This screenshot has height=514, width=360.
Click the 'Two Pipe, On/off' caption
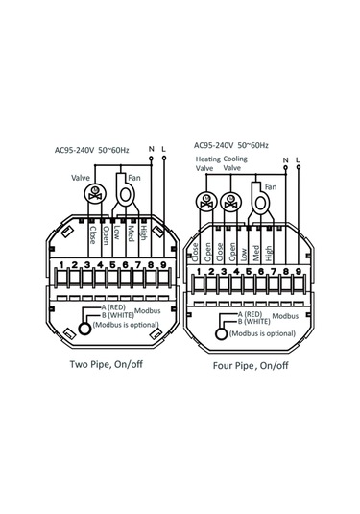107,364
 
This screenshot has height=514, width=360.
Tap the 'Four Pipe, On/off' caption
251,365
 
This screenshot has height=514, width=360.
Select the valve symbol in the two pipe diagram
95,193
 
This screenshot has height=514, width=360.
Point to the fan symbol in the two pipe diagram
125,190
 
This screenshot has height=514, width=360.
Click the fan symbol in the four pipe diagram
260,199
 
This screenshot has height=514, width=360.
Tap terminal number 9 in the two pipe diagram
163,264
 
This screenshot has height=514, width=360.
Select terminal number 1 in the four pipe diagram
199,271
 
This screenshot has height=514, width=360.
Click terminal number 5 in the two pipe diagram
112,264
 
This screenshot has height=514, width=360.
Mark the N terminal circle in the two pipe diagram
151,159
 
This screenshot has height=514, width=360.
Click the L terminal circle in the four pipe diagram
299,167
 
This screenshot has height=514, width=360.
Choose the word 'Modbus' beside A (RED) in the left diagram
148,310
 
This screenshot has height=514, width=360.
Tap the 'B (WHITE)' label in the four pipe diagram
253,321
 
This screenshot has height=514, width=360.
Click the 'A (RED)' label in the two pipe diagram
113,307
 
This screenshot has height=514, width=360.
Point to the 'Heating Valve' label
208,163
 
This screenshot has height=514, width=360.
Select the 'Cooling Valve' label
235,163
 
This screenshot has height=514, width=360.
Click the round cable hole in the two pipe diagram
84,329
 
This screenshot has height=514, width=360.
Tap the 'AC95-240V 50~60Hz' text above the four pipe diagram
231,145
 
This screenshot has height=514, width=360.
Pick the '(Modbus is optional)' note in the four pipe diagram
262,333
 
